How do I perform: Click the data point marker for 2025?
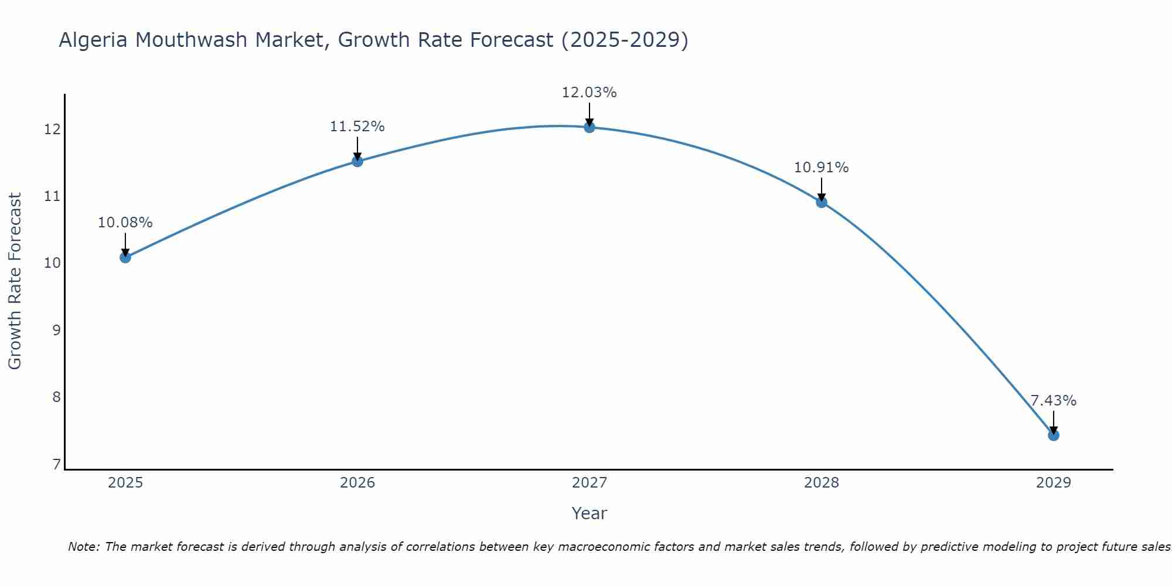coord(125,257)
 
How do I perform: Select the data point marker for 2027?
coord(589,127)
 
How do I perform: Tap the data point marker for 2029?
coord(1053,435)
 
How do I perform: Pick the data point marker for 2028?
coord(821,202)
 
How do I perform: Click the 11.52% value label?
coord(357,127)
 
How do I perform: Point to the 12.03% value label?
coord(589,93)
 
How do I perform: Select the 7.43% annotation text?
coord(1053,401)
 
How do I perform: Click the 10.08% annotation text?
coord(125,223)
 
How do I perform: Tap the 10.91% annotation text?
coord(821,168)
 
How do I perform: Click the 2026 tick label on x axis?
coord(357,483)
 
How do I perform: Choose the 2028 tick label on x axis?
coord(821,483)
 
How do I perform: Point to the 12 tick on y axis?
coord(52,129)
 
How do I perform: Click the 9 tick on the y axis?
coord(56,330)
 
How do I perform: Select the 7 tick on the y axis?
coord(56,464)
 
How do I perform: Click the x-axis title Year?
coord(589,513)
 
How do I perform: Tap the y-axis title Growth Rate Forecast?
coord(15,281)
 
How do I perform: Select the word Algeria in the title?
coord(94,40)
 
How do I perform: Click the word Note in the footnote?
coord(83,547)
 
